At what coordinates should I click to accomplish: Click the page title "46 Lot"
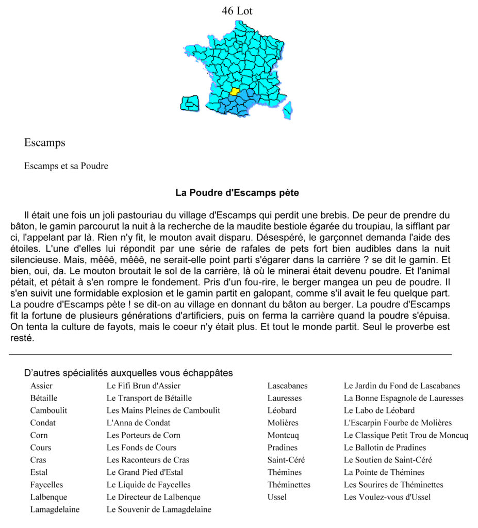click(x=237, y=10)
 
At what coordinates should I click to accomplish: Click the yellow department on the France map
click(x=235, y=92)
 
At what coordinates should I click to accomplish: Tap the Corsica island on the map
click(x=287, y=109)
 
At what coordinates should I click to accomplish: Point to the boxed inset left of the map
click(x=190, y=104)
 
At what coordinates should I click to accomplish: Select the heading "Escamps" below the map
click(x=44, y=143)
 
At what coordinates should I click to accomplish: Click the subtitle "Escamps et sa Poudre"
click(x=66, y=166)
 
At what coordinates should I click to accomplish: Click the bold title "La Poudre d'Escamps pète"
click(x=237, y=193)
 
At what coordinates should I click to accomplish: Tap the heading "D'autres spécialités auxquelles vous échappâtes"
click(x=128, y=373)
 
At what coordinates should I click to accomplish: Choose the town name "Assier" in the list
click(x=41, y=386)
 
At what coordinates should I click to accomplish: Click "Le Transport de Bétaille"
click(x=149, y=398)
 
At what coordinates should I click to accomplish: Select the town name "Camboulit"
click(x=48, y=410)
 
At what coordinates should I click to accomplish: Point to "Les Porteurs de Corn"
click(x=143, y=435)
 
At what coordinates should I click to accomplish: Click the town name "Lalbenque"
click(x=48, y=497)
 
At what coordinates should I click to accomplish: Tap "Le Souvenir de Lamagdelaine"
click(x=159, y=509)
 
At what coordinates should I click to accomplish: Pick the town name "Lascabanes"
click(x=287, y=386)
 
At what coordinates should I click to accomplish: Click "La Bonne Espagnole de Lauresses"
click(x=403, y=398)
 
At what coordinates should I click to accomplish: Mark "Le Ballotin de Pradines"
click(x=385, y=448)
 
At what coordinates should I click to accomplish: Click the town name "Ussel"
click(x=277, y=497)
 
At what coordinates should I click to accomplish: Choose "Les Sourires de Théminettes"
click(x=393, y=485)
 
